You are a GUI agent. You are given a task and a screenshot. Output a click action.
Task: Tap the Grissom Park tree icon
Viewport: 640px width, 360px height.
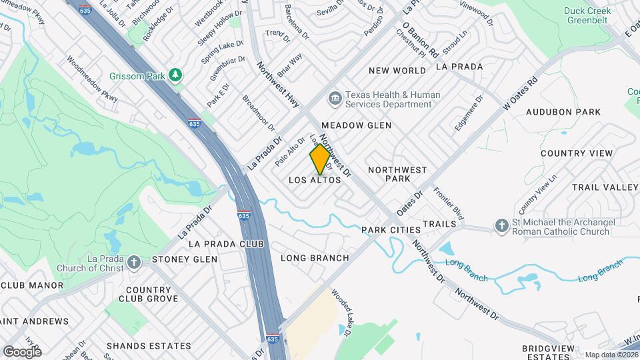tap(176, 75)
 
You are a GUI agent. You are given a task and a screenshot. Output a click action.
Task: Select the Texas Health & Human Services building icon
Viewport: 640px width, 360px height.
tap(334, 99)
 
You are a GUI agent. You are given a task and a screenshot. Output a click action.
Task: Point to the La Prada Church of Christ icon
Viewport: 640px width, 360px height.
tap(134, 263)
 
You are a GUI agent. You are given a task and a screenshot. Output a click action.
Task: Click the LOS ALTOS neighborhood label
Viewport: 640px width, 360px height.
tap(315, 180)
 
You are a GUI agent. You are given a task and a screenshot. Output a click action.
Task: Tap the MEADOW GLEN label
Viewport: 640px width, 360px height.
tap(356, 125)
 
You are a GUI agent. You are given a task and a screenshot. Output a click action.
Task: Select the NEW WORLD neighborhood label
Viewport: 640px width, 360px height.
tap(397, 71)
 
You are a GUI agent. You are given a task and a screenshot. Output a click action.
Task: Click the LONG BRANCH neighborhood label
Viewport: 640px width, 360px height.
tap(315, 258)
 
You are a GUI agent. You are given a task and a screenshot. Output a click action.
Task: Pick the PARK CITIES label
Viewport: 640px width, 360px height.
tap(391, 230)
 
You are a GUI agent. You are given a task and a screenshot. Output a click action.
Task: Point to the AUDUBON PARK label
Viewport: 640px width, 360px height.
tap(563, 112)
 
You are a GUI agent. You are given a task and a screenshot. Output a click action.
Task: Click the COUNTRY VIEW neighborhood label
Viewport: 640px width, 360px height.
tap(577, 153)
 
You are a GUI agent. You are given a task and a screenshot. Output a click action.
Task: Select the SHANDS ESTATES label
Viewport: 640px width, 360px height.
tap(149, 346)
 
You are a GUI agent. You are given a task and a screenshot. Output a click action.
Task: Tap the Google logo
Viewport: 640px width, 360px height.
tap(22, 351)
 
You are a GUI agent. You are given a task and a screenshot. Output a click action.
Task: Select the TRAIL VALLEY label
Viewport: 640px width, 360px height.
tap(605, 187)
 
